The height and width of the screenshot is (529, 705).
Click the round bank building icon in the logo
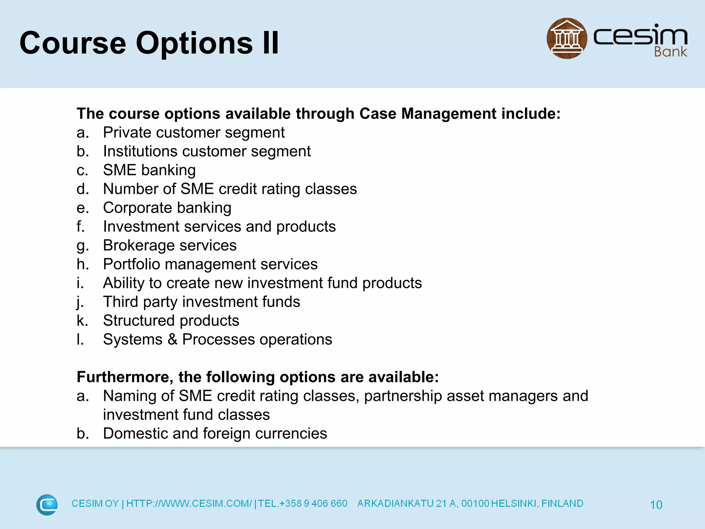coord(567,38)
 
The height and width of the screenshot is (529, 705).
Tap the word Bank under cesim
coord(670,52)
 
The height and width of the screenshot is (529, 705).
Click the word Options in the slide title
coord(194,43)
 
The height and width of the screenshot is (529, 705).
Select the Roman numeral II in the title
coord(271,43)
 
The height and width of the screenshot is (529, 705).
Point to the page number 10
coord(656,505)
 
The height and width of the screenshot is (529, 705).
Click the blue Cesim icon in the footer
coord(47,505)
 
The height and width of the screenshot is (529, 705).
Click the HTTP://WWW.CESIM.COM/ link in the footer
coord(189,504)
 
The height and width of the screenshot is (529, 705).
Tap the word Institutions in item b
coord(140,152)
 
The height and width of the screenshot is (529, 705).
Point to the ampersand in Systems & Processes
coord(172,340)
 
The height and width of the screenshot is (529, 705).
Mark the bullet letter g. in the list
coord(82,246)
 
